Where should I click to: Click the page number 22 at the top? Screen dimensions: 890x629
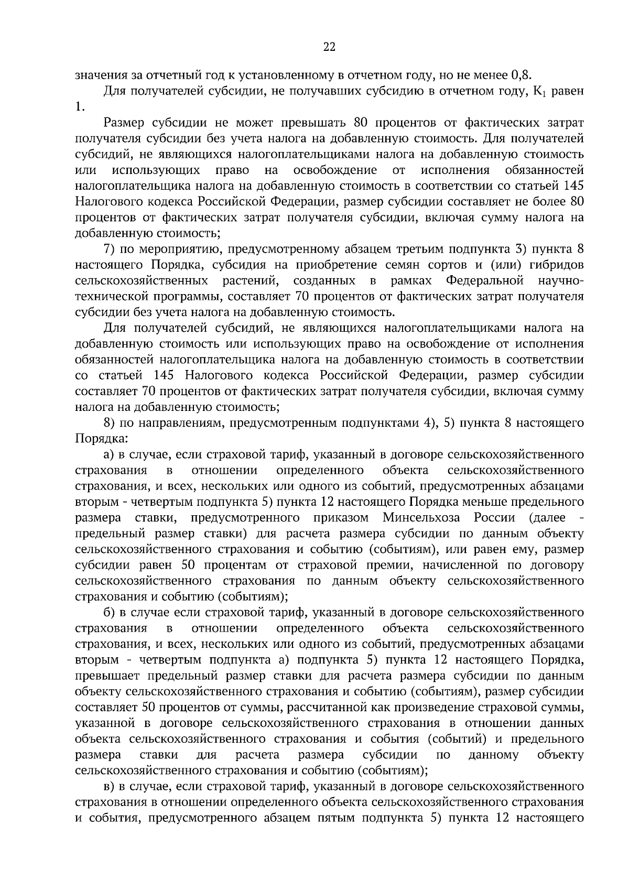[x=329, y=48]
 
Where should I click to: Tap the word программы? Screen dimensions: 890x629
[x=183, y=296]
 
